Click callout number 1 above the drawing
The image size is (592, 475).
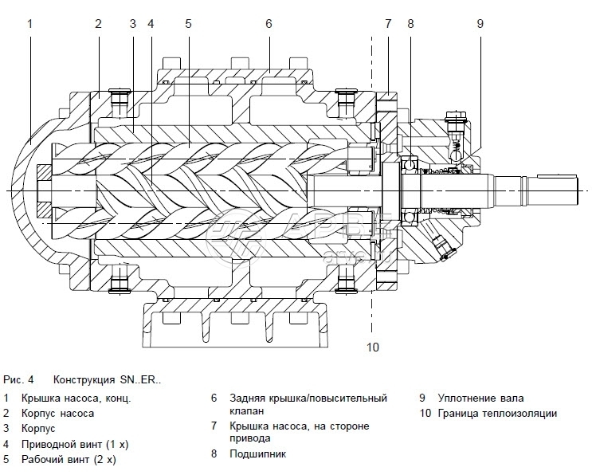[x=29, y=23]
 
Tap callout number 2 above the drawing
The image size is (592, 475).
[x=98, y=23]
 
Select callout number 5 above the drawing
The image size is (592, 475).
[x=188, y=23]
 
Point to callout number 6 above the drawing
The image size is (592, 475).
[x=269, y=23]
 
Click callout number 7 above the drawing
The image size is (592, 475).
[x=388, y=23]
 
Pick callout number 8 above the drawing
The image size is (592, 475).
[x=410, y=23]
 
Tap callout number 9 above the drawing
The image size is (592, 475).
[x=480, y=23]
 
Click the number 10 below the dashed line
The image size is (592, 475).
[x=373, y=347]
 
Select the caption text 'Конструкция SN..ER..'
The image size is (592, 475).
[x=107, y=380]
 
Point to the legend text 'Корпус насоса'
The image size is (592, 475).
[x=59, y=413]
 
